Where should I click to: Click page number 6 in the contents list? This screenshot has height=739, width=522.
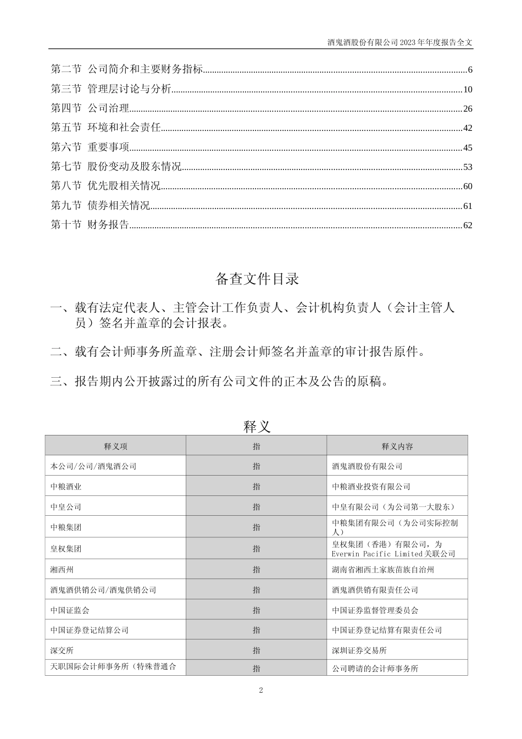click(x=470, y=70)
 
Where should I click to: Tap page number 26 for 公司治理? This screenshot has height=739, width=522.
click(x=468, y=109)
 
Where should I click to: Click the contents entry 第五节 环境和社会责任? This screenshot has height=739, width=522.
click(x=105, y=128)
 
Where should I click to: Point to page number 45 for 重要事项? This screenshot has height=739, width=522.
click(x=468, y=147)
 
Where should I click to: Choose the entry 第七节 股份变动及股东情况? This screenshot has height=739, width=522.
click(x=116, y=167)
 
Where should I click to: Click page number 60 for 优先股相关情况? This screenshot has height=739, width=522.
click(x=468, y=186)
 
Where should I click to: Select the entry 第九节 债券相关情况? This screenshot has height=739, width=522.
click(x=100, y=206)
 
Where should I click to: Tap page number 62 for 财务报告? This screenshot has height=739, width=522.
click(x=468, y=225)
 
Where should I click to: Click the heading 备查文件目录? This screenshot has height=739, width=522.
click(x=257, y=279)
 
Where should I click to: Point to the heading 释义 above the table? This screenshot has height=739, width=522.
click(x=257, y=426)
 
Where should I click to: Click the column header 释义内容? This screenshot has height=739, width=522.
click(x=397, y=446)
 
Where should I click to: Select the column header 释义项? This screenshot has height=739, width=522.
click(x=115, y=446)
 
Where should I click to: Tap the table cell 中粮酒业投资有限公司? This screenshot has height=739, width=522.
click(x=371, y=487)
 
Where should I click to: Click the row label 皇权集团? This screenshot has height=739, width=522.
click(x=66, y=549)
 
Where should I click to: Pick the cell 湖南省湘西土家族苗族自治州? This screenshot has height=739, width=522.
click(x=383, y=570)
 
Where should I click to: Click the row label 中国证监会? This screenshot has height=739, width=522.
click(x=70, y=610)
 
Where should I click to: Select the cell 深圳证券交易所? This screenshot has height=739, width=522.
click(x=359, y=650)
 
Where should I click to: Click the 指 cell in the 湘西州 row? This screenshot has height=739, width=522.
click(x=257, y=570)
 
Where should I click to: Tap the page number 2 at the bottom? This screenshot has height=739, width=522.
click(x=261, y=691)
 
